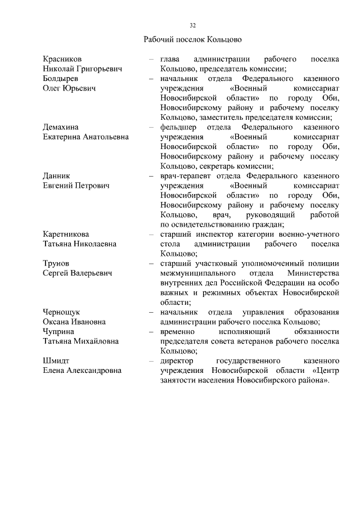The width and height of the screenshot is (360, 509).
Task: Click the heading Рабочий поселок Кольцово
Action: (192, 40)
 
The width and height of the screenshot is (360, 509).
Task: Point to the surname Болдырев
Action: (61, 79)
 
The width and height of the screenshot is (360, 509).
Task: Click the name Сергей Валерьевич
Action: (78, 273)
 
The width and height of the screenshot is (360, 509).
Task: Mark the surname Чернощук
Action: (62, 312)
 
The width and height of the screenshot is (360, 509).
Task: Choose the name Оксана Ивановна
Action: (74, 322)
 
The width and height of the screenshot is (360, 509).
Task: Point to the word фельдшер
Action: (178, 127)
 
